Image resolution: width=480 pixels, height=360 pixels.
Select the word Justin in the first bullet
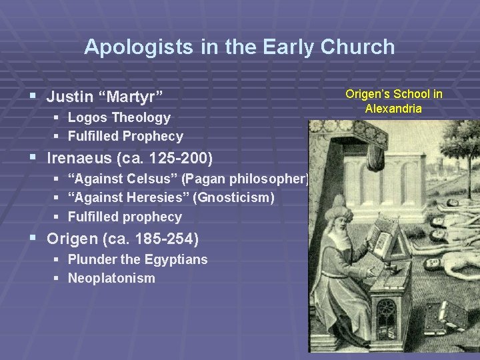(x=69, y=97)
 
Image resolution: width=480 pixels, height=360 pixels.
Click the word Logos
(x=88, y=117)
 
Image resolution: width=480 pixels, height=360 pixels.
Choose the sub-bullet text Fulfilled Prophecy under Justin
(x=125, y=136)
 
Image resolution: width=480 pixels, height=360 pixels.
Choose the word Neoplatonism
(x=111, y=278)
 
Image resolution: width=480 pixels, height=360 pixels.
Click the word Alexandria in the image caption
(x=393, y=108)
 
